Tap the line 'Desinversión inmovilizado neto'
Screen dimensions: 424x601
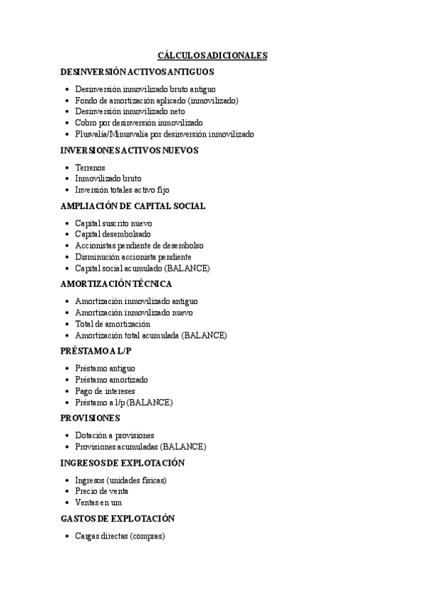click(130, 111)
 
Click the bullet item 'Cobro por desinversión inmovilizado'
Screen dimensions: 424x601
click(138, 123)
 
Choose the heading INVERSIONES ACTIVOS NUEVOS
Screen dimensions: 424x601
click(129, 150)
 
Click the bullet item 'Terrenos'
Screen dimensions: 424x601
click(90, 167)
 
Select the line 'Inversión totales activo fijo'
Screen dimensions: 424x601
click(122, 189)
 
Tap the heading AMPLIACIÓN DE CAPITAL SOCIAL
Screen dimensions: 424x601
click(133, 206)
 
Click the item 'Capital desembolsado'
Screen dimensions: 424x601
click(113, 234)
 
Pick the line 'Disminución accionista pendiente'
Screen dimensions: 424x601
click(133, 257)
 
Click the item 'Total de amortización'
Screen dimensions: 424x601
click(113, 324)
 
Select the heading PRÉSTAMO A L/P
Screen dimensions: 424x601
click(96, 351)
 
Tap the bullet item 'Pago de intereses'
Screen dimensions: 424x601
click(105, 391)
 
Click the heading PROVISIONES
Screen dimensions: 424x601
click(91, 418)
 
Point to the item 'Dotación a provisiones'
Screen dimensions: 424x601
click(115, 435)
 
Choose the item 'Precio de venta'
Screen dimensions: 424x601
click(101, 491)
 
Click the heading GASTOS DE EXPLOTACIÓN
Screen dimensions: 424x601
click(118, 519)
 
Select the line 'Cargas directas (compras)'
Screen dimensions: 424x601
click(119, 536)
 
